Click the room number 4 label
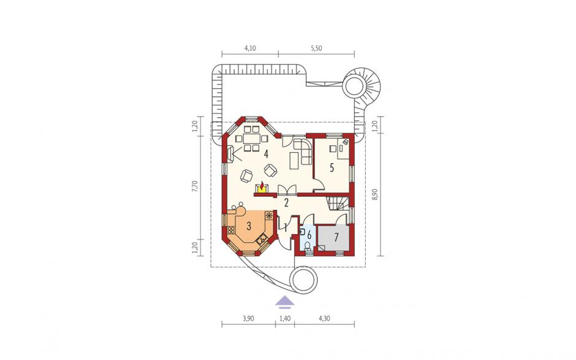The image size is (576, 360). (265, 153)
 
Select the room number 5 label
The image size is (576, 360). (332, 168)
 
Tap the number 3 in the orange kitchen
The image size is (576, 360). (249, 226)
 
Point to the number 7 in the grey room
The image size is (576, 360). (336, 237)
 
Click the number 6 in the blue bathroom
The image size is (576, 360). (309, 234)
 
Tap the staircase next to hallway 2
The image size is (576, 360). (337, 203)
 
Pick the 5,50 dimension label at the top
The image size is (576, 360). (316, 48)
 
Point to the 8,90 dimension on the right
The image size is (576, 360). (374, 193)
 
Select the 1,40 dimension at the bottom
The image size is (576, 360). (285, 318)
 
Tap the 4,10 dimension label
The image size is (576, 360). (250, 48)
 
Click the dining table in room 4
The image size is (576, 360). (252, 139)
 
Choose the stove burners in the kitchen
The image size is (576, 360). (231, 230)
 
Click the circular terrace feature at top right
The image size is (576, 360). (354, 86)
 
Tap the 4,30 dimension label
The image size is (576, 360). (324, 318)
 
